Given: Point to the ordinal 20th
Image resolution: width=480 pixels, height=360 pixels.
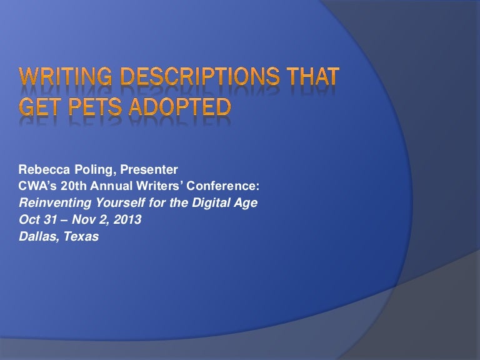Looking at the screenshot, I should click(65, 187).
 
